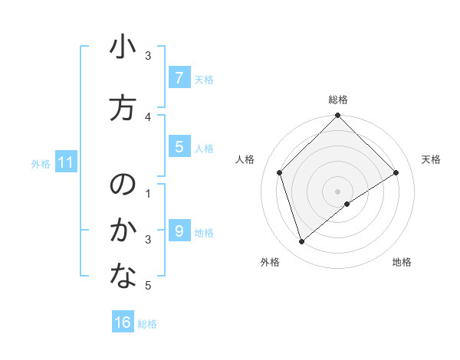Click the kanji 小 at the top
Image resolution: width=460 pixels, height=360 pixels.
coord(123,47)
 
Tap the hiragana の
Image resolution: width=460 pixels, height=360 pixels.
coord(123,185)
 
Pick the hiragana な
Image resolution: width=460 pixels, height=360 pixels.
coord(123,277)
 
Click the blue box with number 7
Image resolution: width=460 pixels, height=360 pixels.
coord(179,78)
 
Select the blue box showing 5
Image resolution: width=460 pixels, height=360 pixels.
coord(179,147)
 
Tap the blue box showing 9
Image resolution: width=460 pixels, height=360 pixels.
coord(179,231)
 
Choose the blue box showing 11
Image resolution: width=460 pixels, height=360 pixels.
coord(66,162)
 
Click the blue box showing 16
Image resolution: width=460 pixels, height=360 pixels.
coord(123,322)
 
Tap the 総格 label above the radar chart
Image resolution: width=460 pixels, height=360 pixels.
coord(338,100)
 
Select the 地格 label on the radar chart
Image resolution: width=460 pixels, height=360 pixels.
coord(402,262)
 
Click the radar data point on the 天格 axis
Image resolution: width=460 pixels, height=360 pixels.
coord(396,172)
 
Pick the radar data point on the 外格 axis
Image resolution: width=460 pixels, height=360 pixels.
coord(301,242)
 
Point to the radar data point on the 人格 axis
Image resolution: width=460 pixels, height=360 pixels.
coord(280,172)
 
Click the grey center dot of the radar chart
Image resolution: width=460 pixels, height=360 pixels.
coord(338,191)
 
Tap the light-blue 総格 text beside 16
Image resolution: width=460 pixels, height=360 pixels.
coord(147,324)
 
